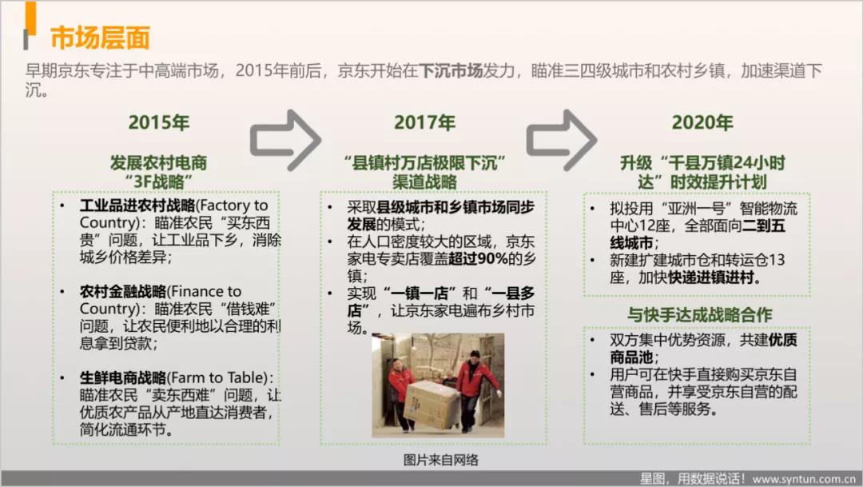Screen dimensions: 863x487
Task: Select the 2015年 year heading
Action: [158, 122]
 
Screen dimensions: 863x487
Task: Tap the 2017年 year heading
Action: [424, 122]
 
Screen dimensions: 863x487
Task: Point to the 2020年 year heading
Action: [702, 122]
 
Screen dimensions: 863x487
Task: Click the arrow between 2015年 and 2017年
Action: [285, 139]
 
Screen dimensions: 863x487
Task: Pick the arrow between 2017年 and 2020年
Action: [562, 139]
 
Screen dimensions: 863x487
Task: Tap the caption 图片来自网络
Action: [441, 460]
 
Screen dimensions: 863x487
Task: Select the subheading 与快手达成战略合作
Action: [699, 314]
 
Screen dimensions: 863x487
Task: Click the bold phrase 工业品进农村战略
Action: [137, 206]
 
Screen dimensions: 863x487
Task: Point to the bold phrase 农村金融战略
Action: [123, 291]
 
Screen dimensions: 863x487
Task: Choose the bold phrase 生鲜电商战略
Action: [123, 377]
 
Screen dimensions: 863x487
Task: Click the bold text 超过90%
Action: [479, 258]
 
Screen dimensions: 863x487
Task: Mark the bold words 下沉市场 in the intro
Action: [450, 70]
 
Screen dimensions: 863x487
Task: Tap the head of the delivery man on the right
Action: [475, 355]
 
